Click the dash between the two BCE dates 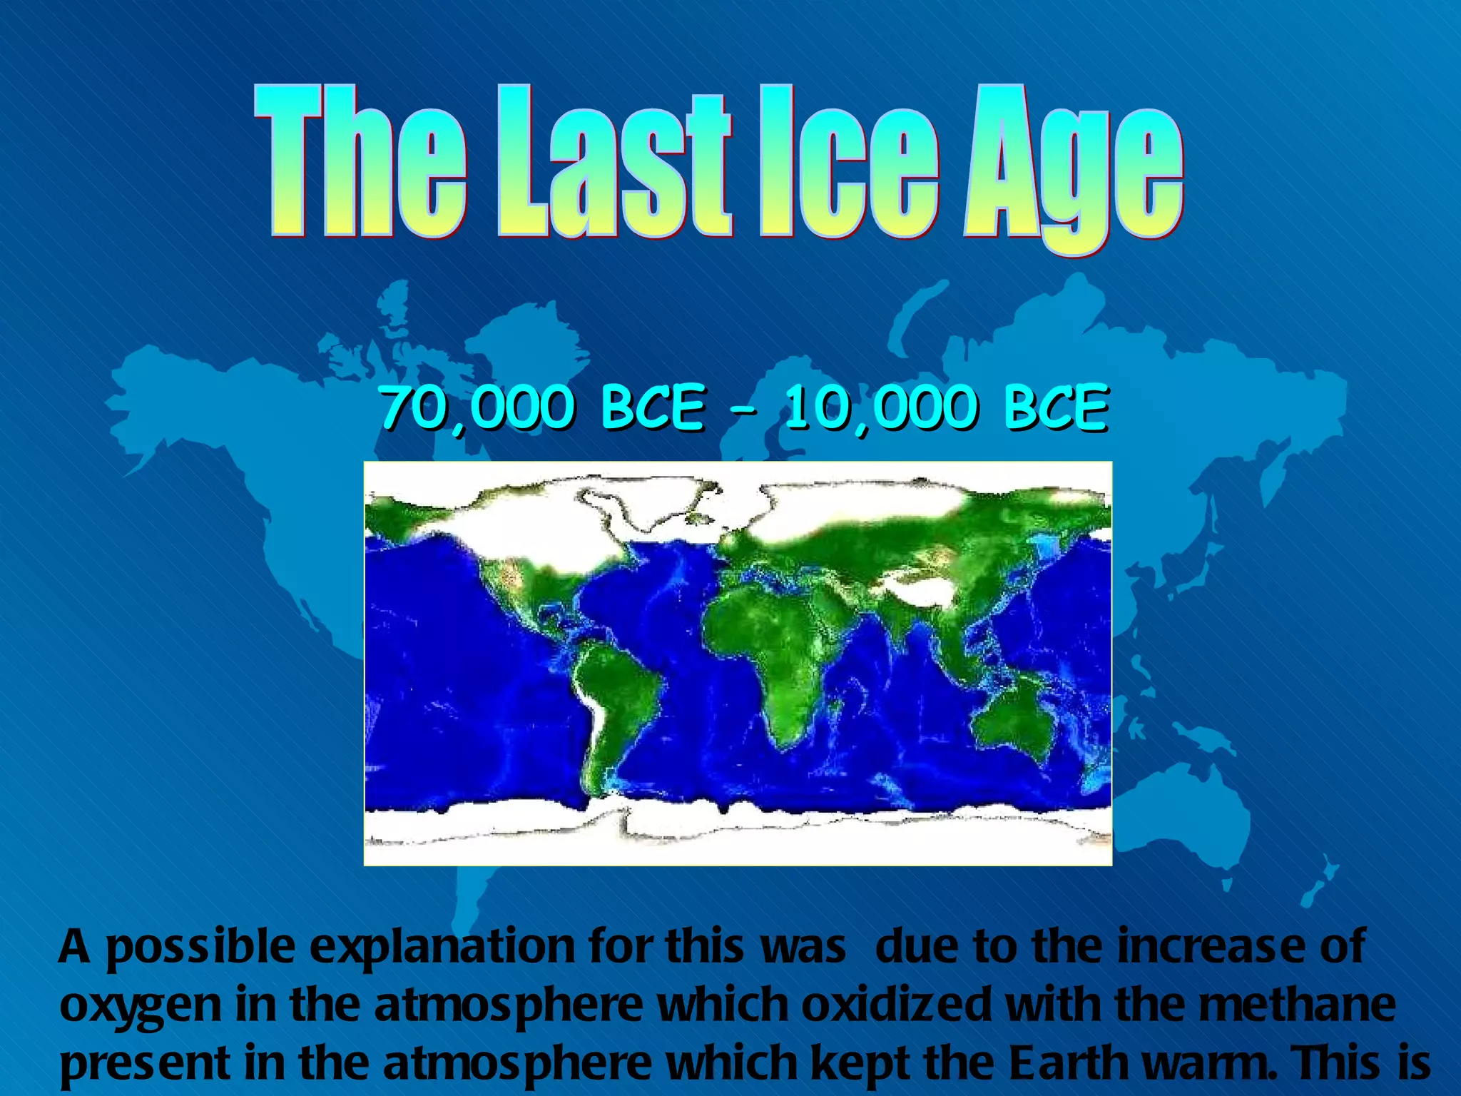743,410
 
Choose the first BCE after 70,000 652,408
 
